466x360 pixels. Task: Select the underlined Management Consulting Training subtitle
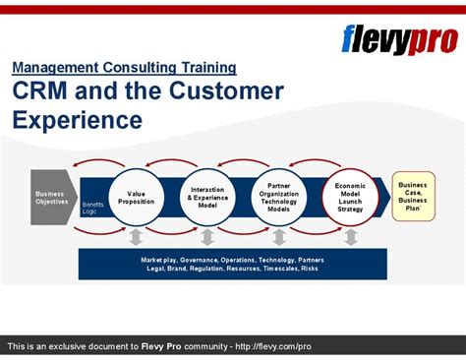(124, 68)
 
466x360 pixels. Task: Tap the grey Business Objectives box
(50, 197)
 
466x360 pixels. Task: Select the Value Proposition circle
(136, 197)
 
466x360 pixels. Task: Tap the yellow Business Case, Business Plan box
(412, 196)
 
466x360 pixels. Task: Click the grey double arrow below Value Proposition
(136, 236)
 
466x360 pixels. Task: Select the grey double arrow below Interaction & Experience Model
(206, 236)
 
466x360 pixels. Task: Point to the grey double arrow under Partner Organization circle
(279, 236)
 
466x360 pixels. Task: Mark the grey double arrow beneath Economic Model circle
(350, 236)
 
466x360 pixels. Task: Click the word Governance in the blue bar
(199, 260)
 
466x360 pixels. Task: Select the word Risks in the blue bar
(309, 269)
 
